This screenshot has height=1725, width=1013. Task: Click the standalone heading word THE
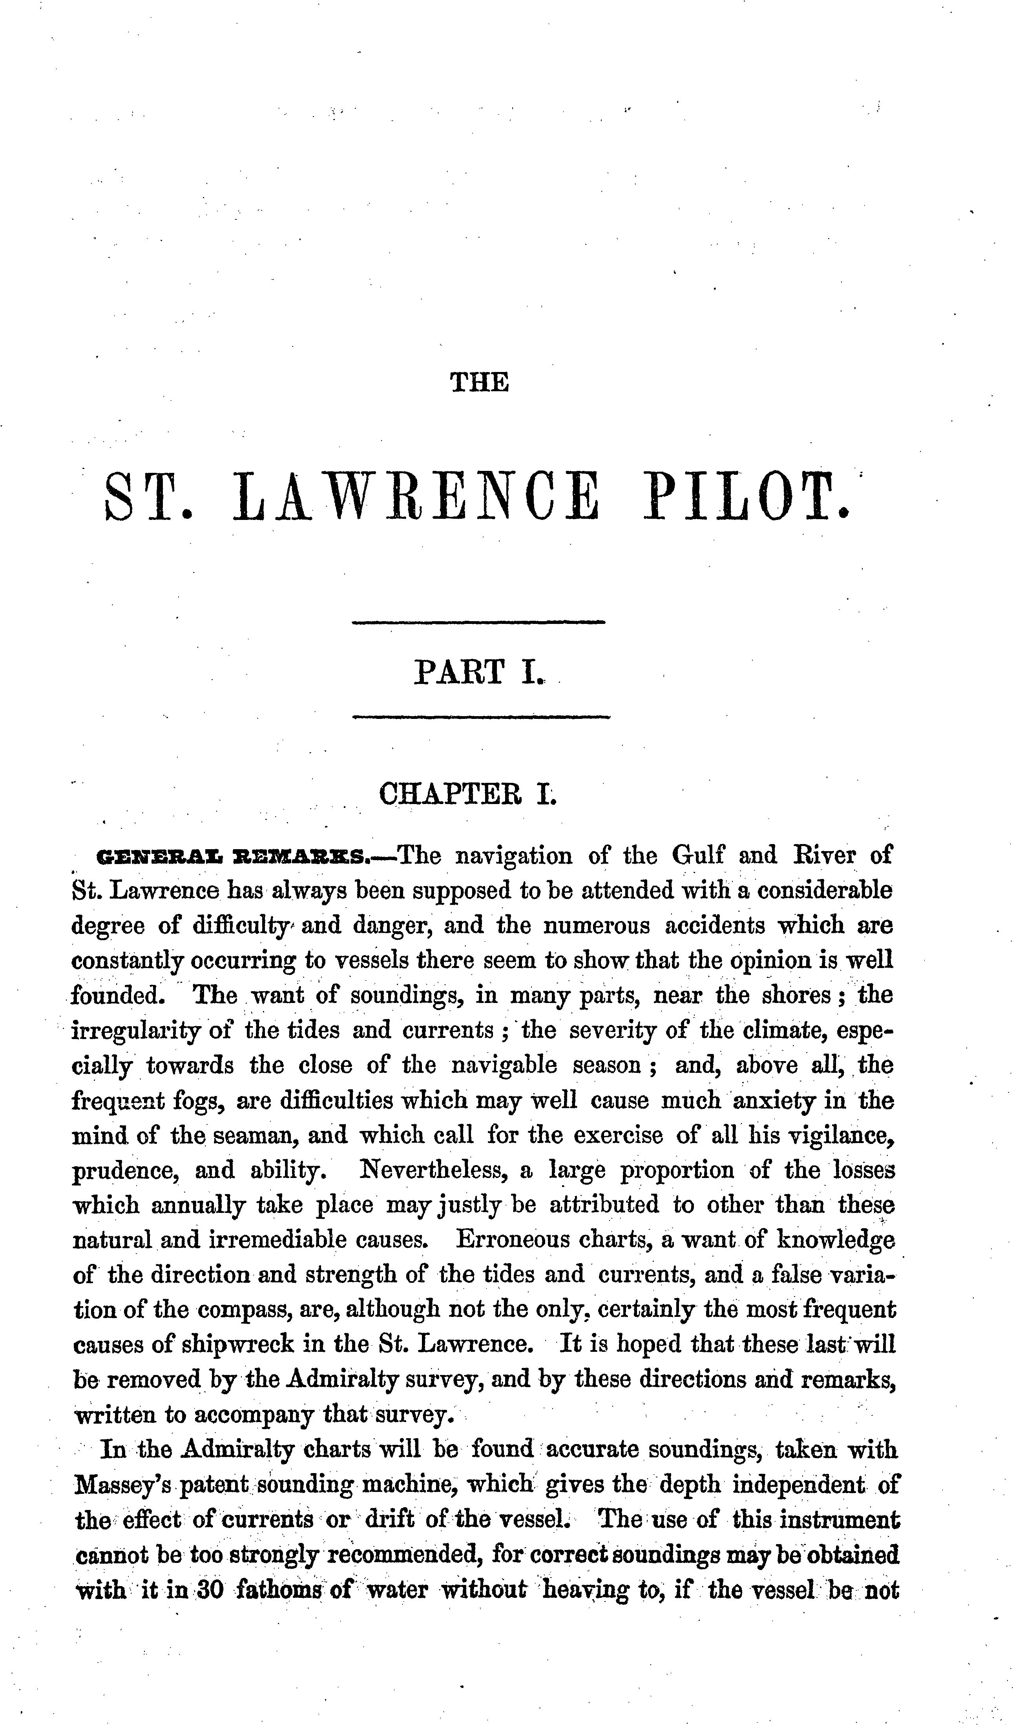click(x=480, y=382)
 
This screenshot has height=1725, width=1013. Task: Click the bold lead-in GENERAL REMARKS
click(x=234, y=856)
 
